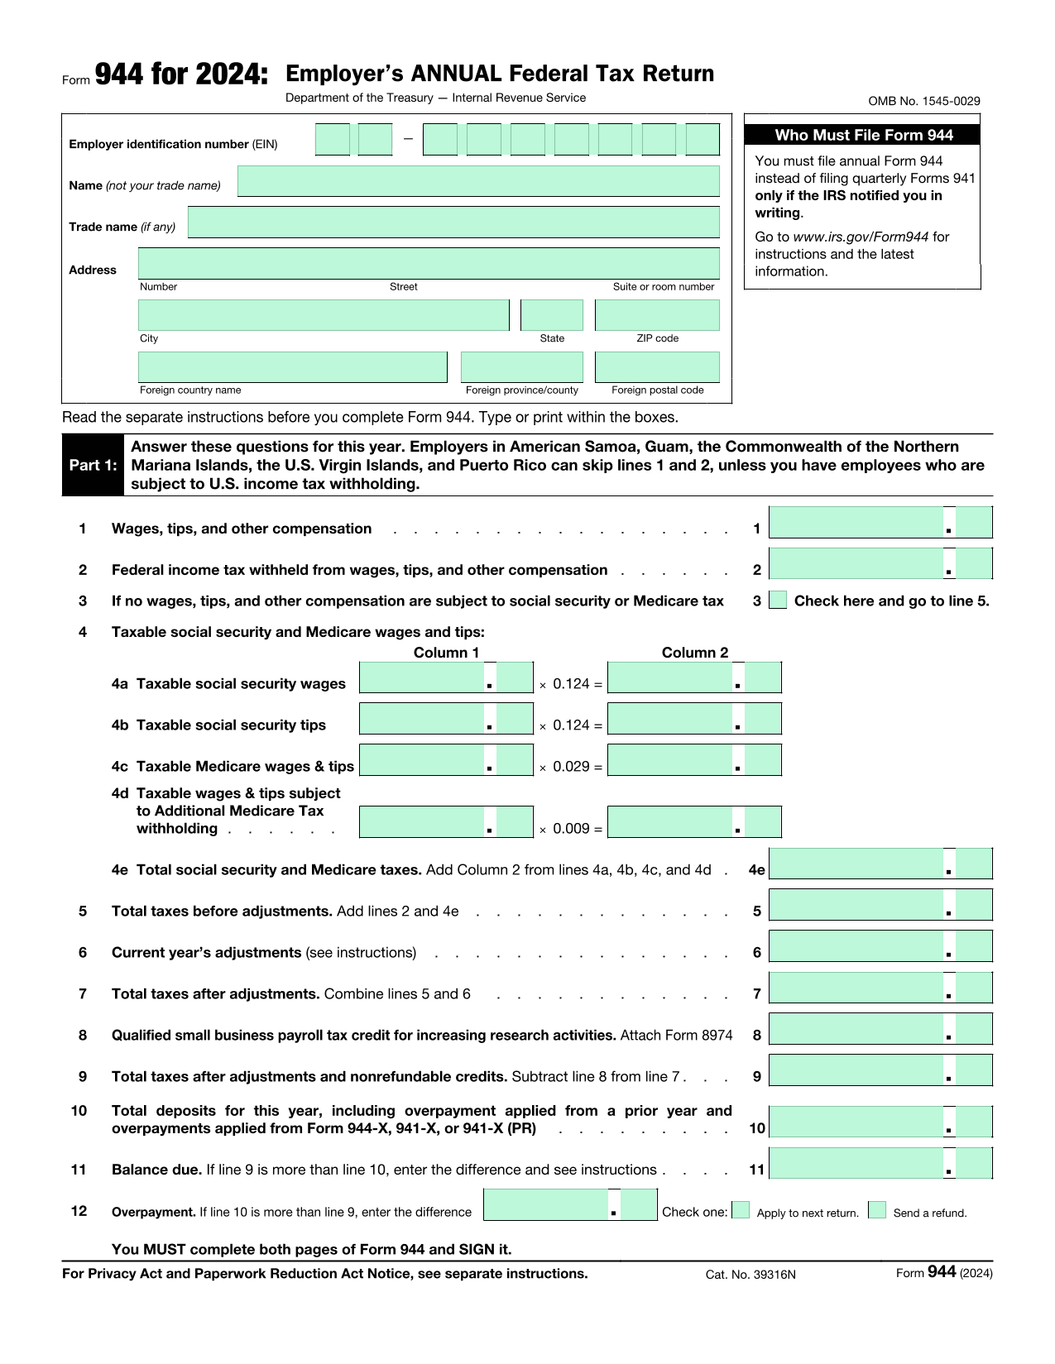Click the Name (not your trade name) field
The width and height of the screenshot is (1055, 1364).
(x=478, y=181)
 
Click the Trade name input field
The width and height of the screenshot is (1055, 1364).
(x=453, y=223)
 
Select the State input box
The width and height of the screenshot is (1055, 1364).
(x=552, y=315)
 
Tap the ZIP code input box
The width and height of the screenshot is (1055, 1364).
(x=657, y=315)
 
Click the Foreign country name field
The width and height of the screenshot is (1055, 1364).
(x=292, y=367)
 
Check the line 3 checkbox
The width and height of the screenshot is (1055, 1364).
(x=778, y=601)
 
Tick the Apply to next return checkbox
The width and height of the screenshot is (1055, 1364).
(x=741, y=1211)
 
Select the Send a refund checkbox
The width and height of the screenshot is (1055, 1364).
(x=877, y=1211)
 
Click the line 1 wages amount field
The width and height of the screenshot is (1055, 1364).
(x=856, y=523)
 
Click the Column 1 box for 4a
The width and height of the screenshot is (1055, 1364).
(x=422, y=677)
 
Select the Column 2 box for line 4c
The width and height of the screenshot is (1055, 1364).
(x=670, y=760)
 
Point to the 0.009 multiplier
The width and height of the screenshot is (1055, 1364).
(x=571, y=829)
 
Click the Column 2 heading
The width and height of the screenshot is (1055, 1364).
(x=695, y=653)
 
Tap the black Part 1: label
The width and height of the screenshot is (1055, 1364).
(x=93, y=465)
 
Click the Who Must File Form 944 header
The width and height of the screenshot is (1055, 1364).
(x=863, y=135)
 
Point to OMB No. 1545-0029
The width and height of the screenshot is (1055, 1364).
(x=923, y=101)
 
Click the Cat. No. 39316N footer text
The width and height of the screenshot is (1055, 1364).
(x=750, y=1275)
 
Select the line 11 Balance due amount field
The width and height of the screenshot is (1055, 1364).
(x=856, y=1164)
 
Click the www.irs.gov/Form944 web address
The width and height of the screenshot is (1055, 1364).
(x=861, y=237)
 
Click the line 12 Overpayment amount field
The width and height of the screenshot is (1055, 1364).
(x=546, y=1205)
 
